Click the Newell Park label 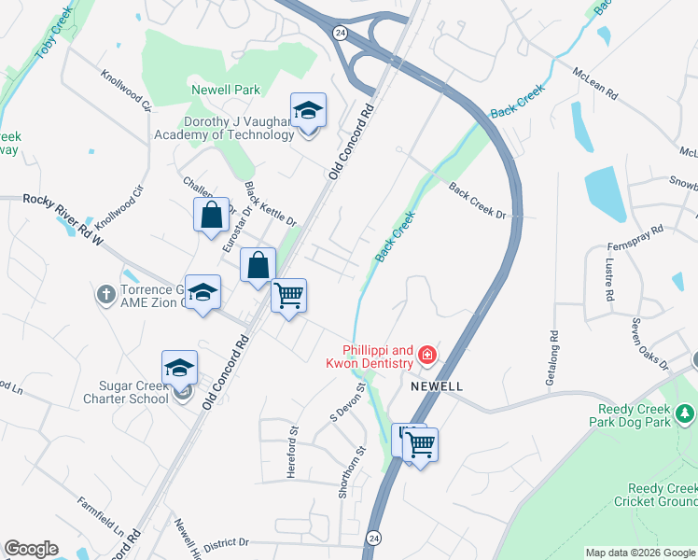coord(225,90)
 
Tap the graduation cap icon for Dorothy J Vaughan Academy coord(308,111)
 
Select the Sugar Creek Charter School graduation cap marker coord(179,369)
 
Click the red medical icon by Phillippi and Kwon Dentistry coord(427,354)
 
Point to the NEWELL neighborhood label coord(434,385)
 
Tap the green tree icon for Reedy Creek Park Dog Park coord(684,413)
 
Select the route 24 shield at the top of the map coord(341,32)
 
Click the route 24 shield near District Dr coord(374,538)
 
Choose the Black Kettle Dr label coord(270,204)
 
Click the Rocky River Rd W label coord(62,212)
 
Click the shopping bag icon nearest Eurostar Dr coord(212,215)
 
